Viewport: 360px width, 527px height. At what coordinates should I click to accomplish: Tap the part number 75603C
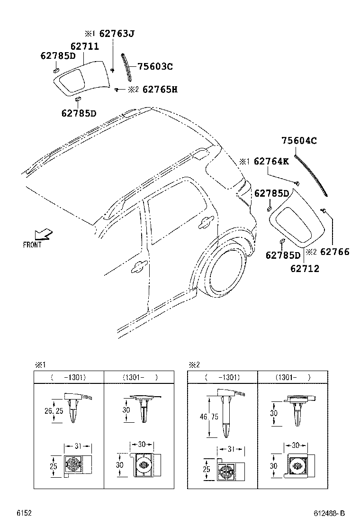pyautogui.click(x=155, y=67)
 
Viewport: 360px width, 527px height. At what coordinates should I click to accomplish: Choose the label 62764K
pyautogui.click(x=271, y=161)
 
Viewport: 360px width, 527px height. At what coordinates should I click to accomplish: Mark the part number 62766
pyautogui.click(x=334, y=252)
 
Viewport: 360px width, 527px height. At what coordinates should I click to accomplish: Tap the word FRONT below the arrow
pyautogui.click(x=32, y=245)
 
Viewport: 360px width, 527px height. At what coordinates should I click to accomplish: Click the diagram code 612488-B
pyautogui.click(x=329, y=513)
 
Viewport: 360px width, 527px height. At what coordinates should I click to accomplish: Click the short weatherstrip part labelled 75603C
pyautogui.click(x=126, y=68)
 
